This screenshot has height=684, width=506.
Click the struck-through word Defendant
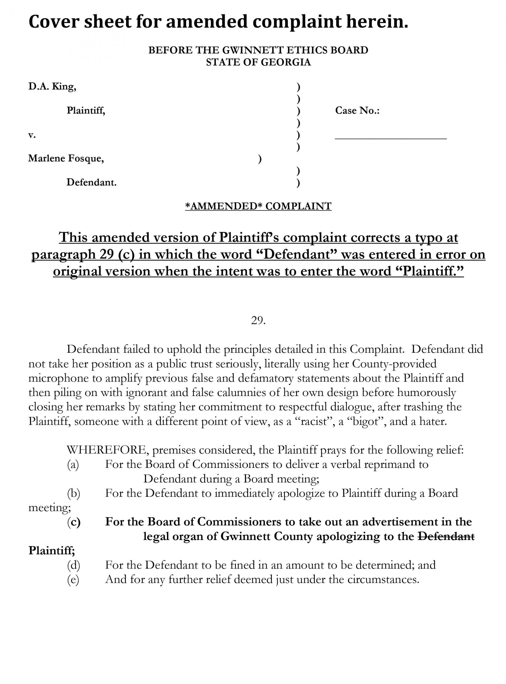point(446,536)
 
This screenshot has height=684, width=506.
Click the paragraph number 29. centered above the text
point(258,321)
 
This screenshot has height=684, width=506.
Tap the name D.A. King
point(52,87)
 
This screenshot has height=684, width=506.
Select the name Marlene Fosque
point(66,158)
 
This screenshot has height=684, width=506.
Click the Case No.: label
point(357,111)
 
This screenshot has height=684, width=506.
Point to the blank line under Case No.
point(391,139)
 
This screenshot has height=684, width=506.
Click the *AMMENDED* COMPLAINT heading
point(258,206)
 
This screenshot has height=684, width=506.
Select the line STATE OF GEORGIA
point(258,62)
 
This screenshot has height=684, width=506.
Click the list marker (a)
point(73,465)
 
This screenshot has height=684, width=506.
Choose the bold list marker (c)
point(73,522)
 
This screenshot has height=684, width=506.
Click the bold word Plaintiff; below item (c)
point(52,551)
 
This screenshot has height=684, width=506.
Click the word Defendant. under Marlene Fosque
point(91,183)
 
